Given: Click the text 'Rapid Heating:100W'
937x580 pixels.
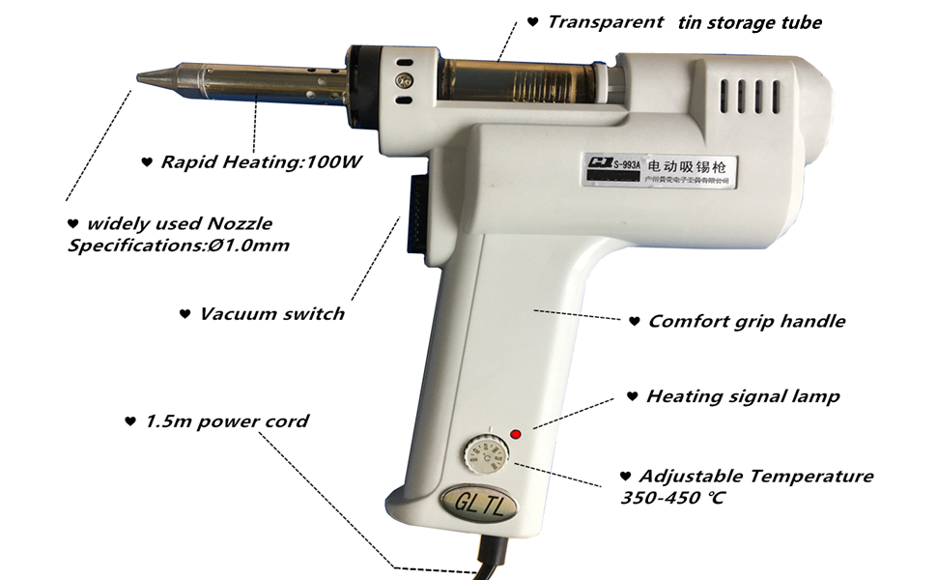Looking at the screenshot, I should pos(261,161).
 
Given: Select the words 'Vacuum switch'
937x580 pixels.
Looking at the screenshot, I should pos(271,314).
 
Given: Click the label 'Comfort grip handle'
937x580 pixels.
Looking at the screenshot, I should pos(746,321).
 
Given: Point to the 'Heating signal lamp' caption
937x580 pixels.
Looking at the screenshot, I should pos(742,396).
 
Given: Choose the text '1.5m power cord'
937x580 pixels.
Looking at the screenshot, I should pos(227,421).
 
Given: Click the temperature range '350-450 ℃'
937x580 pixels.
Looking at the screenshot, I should pos(672,498).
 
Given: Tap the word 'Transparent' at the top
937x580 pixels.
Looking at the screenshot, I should pos(606,21).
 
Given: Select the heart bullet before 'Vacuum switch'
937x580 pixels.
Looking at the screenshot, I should pos(185,314).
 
